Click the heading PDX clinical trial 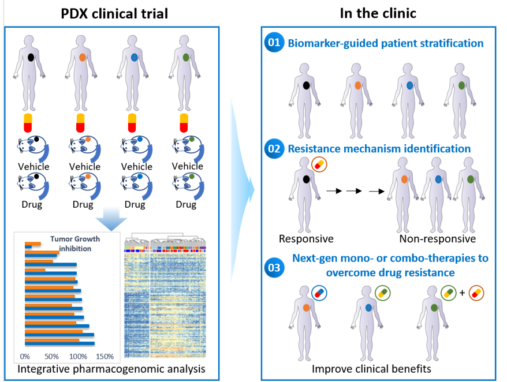[x=114, y=13]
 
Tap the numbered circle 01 [x=274, y=43]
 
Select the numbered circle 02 [x=274, y=149]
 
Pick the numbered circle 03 [x=274, y=267]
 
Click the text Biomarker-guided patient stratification [x=385, y=43]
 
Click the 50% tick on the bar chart [x=51, y=356]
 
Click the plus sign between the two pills [x=462, y=293]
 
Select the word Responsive [x=306, y=239]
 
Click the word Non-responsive [x=437, y=239]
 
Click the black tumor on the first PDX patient [x=31, y=58]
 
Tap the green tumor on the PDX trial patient [x=185, y=58]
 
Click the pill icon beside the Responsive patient [x=319, y=165]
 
